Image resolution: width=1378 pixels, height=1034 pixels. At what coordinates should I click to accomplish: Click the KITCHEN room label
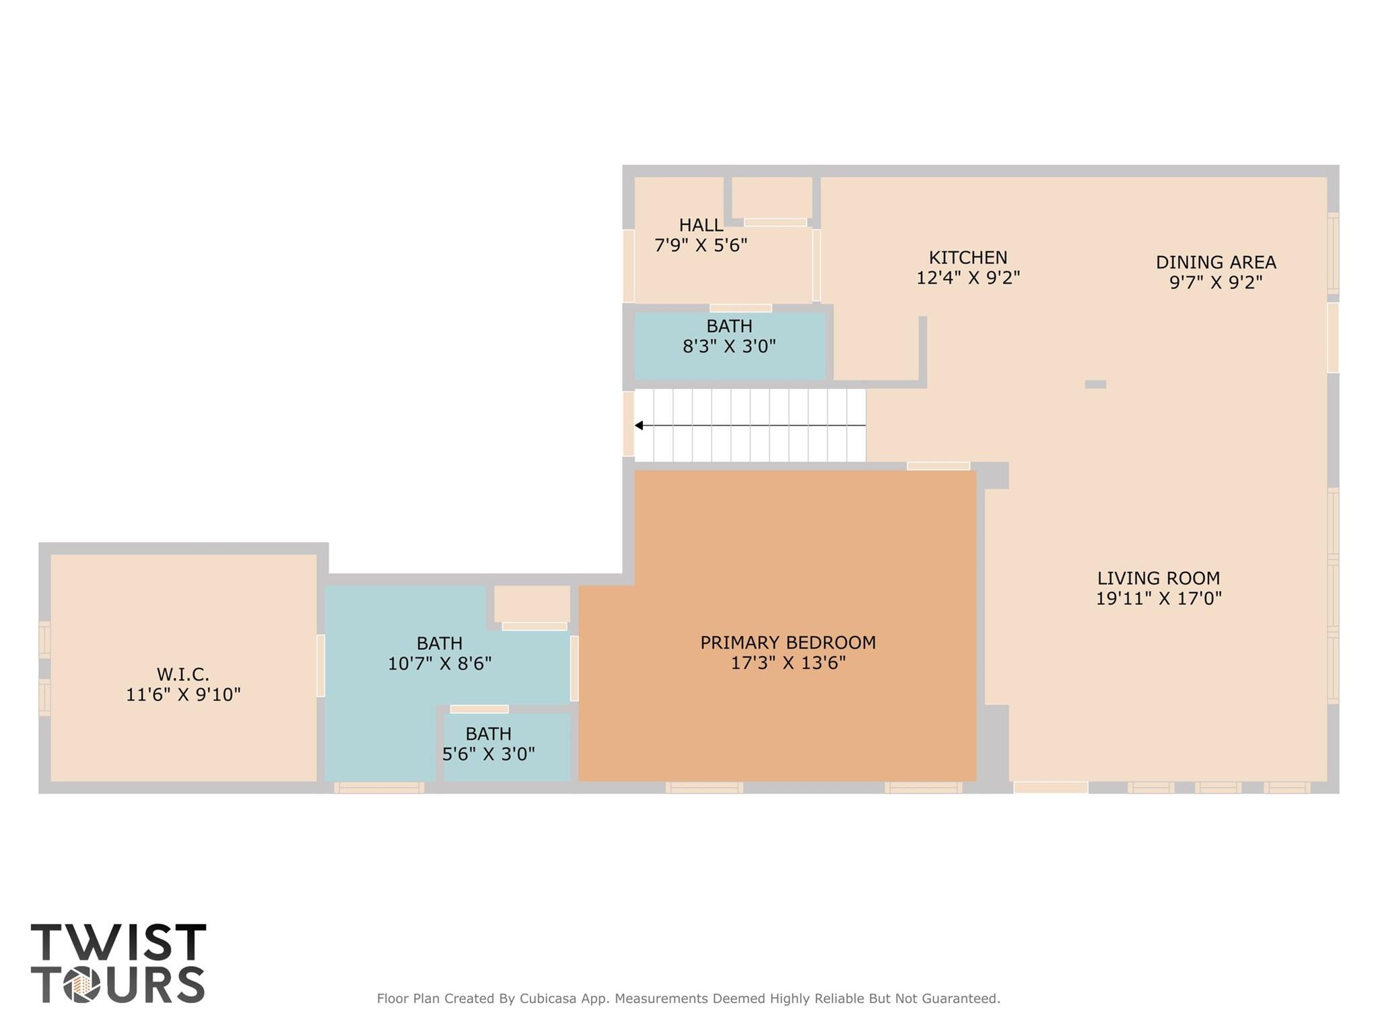967,257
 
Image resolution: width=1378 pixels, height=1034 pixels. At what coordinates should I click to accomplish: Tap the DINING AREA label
1215,262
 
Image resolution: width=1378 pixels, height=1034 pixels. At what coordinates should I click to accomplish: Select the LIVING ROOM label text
1158,578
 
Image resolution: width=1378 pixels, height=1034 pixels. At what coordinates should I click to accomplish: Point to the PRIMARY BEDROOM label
788,643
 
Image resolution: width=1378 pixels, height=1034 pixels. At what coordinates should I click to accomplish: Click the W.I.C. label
182,674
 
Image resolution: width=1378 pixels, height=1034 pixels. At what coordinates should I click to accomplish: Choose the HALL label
701,225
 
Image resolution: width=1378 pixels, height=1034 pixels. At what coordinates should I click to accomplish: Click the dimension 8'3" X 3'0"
729,346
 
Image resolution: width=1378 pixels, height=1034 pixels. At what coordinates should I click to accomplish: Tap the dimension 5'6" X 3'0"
488,754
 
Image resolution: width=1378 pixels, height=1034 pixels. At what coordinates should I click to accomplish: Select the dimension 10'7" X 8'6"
439,664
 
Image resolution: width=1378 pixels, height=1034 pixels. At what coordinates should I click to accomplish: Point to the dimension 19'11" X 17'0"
1158,598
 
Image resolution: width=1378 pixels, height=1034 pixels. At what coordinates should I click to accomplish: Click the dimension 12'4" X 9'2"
967,278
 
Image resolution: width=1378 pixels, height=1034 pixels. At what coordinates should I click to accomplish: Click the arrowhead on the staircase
639,426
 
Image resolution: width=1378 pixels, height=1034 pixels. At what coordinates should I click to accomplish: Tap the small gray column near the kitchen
1095,384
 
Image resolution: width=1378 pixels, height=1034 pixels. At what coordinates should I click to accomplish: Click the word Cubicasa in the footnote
547,998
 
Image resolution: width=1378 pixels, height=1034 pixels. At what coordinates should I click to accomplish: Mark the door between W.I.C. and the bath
320,666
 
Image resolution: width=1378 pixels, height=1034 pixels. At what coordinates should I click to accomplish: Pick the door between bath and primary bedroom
574,668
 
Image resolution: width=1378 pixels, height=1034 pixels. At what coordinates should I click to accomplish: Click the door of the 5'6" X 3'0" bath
479,709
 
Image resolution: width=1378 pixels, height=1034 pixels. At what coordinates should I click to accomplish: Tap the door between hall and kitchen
816,265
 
